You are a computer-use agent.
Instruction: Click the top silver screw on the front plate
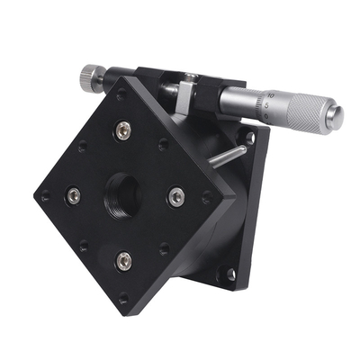[x=122, y=130]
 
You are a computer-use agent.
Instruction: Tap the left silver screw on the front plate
[x=73, y=195]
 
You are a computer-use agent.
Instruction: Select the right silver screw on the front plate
[x=176, y=195]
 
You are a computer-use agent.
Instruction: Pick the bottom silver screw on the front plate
[x=124, y=262]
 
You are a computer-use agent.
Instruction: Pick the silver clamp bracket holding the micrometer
[x=185, y=94]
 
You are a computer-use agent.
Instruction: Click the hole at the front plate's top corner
[x=121, y=94]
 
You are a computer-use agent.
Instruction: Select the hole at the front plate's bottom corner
[x=123, y=298]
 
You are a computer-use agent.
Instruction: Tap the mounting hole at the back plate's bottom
[x=229, y=274]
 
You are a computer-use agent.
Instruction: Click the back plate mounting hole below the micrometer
[x=250, y=138]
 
